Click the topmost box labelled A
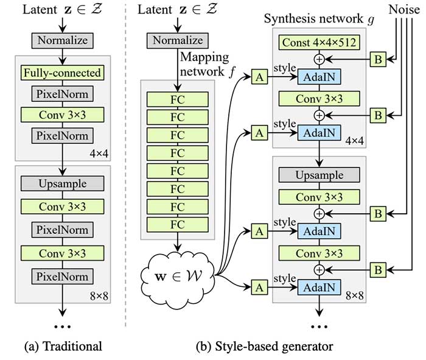click(x=260, y=76)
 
